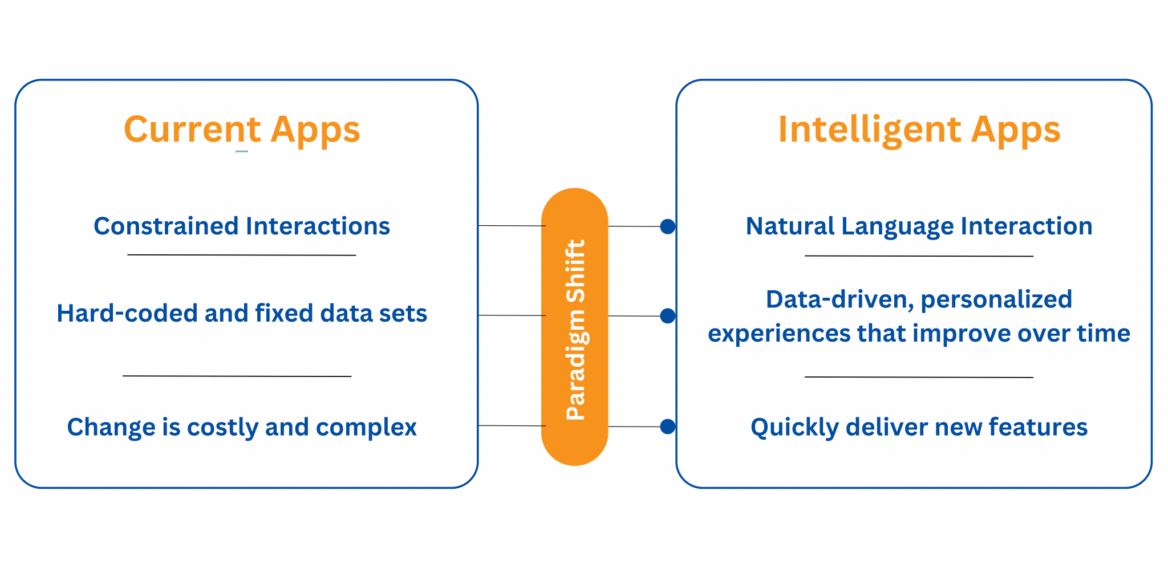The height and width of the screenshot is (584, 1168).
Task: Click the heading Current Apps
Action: (x=242, y=129)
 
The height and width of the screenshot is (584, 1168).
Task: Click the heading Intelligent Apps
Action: (x=919, y=129)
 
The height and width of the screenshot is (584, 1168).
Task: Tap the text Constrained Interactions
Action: (x=242, y=226)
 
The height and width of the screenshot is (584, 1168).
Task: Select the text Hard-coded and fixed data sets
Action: (x=242, y=313)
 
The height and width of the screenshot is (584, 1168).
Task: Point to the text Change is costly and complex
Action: (x=242, y=427)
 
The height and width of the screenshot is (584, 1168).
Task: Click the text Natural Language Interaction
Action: (x=919, y=226)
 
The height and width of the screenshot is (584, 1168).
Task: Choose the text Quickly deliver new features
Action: (x=919, y=427)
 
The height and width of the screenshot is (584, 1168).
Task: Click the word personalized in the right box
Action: (x=996, y=299)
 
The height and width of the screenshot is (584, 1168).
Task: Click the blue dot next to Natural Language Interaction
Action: (x=668, y=226)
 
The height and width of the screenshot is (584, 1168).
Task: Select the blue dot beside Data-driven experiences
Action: (x=668, y=316)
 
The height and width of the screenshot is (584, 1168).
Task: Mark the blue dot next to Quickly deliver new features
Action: (x=668, y=427)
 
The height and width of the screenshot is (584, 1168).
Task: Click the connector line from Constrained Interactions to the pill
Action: (x=512, y=226)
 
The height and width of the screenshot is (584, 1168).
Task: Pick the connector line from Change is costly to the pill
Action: (x=512, y=425)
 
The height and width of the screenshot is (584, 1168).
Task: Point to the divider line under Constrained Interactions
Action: (x=242, y=255)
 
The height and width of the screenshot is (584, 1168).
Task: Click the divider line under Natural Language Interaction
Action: (x=919, y=256)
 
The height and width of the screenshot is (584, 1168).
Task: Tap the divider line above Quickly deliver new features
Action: (x=919, y=377)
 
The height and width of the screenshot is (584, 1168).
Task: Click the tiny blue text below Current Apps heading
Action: (x=242, y=151)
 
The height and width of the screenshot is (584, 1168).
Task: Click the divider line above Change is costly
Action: (x=237, y=376)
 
